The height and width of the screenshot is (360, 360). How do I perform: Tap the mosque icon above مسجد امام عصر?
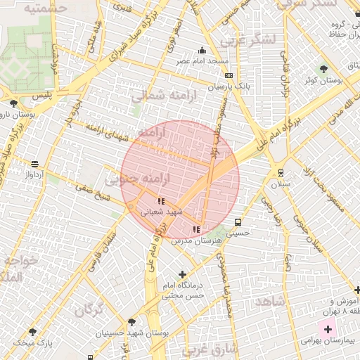[x=202, y=51]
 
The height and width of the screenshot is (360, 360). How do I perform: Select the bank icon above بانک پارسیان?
[x=229, y=76]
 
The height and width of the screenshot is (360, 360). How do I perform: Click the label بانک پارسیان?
[x=229, y=86]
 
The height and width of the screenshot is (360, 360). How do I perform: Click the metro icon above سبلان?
[x=281, y=172]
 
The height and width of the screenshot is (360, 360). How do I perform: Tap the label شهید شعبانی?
[x=162, y=211]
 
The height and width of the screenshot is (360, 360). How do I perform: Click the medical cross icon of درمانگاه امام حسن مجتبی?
[x=183, y=274]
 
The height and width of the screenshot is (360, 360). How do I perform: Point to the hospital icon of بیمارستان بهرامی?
[x=328, y=328]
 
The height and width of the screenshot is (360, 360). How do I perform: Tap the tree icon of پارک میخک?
[x=32, y=332]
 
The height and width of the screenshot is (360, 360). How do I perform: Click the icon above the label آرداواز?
[x=34, y=164]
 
